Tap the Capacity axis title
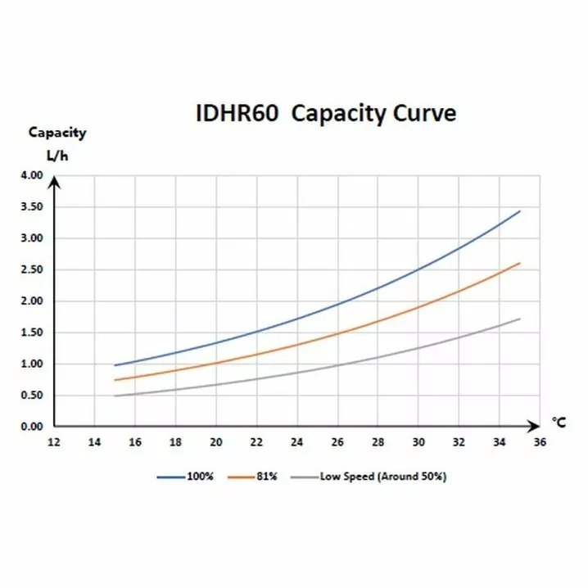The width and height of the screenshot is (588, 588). click(x=57, y=133)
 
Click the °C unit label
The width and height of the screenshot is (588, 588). click(x=558, y=422)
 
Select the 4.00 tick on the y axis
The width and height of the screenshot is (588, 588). click(x=29, y=175)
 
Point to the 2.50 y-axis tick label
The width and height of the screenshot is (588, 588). click(x=29, y=269)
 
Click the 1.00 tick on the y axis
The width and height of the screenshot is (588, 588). click(x=29, y=364)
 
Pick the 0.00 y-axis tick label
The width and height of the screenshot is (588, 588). click(x=29, y=427)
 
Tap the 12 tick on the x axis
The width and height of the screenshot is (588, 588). click(x=55, y=442)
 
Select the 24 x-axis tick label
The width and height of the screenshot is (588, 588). click(x=296, y=442)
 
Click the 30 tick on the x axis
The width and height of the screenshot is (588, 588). click(x=418, y=442)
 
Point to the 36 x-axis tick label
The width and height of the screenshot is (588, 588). click(x=539, y=442)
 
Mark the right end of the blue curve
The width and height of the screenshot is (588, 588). click(x=520, y=211)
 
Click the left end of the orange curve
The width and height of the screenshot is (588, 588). click(x=115, y=380)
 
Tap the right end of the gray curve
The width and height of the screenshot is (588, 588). click(x=520, y=319)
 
